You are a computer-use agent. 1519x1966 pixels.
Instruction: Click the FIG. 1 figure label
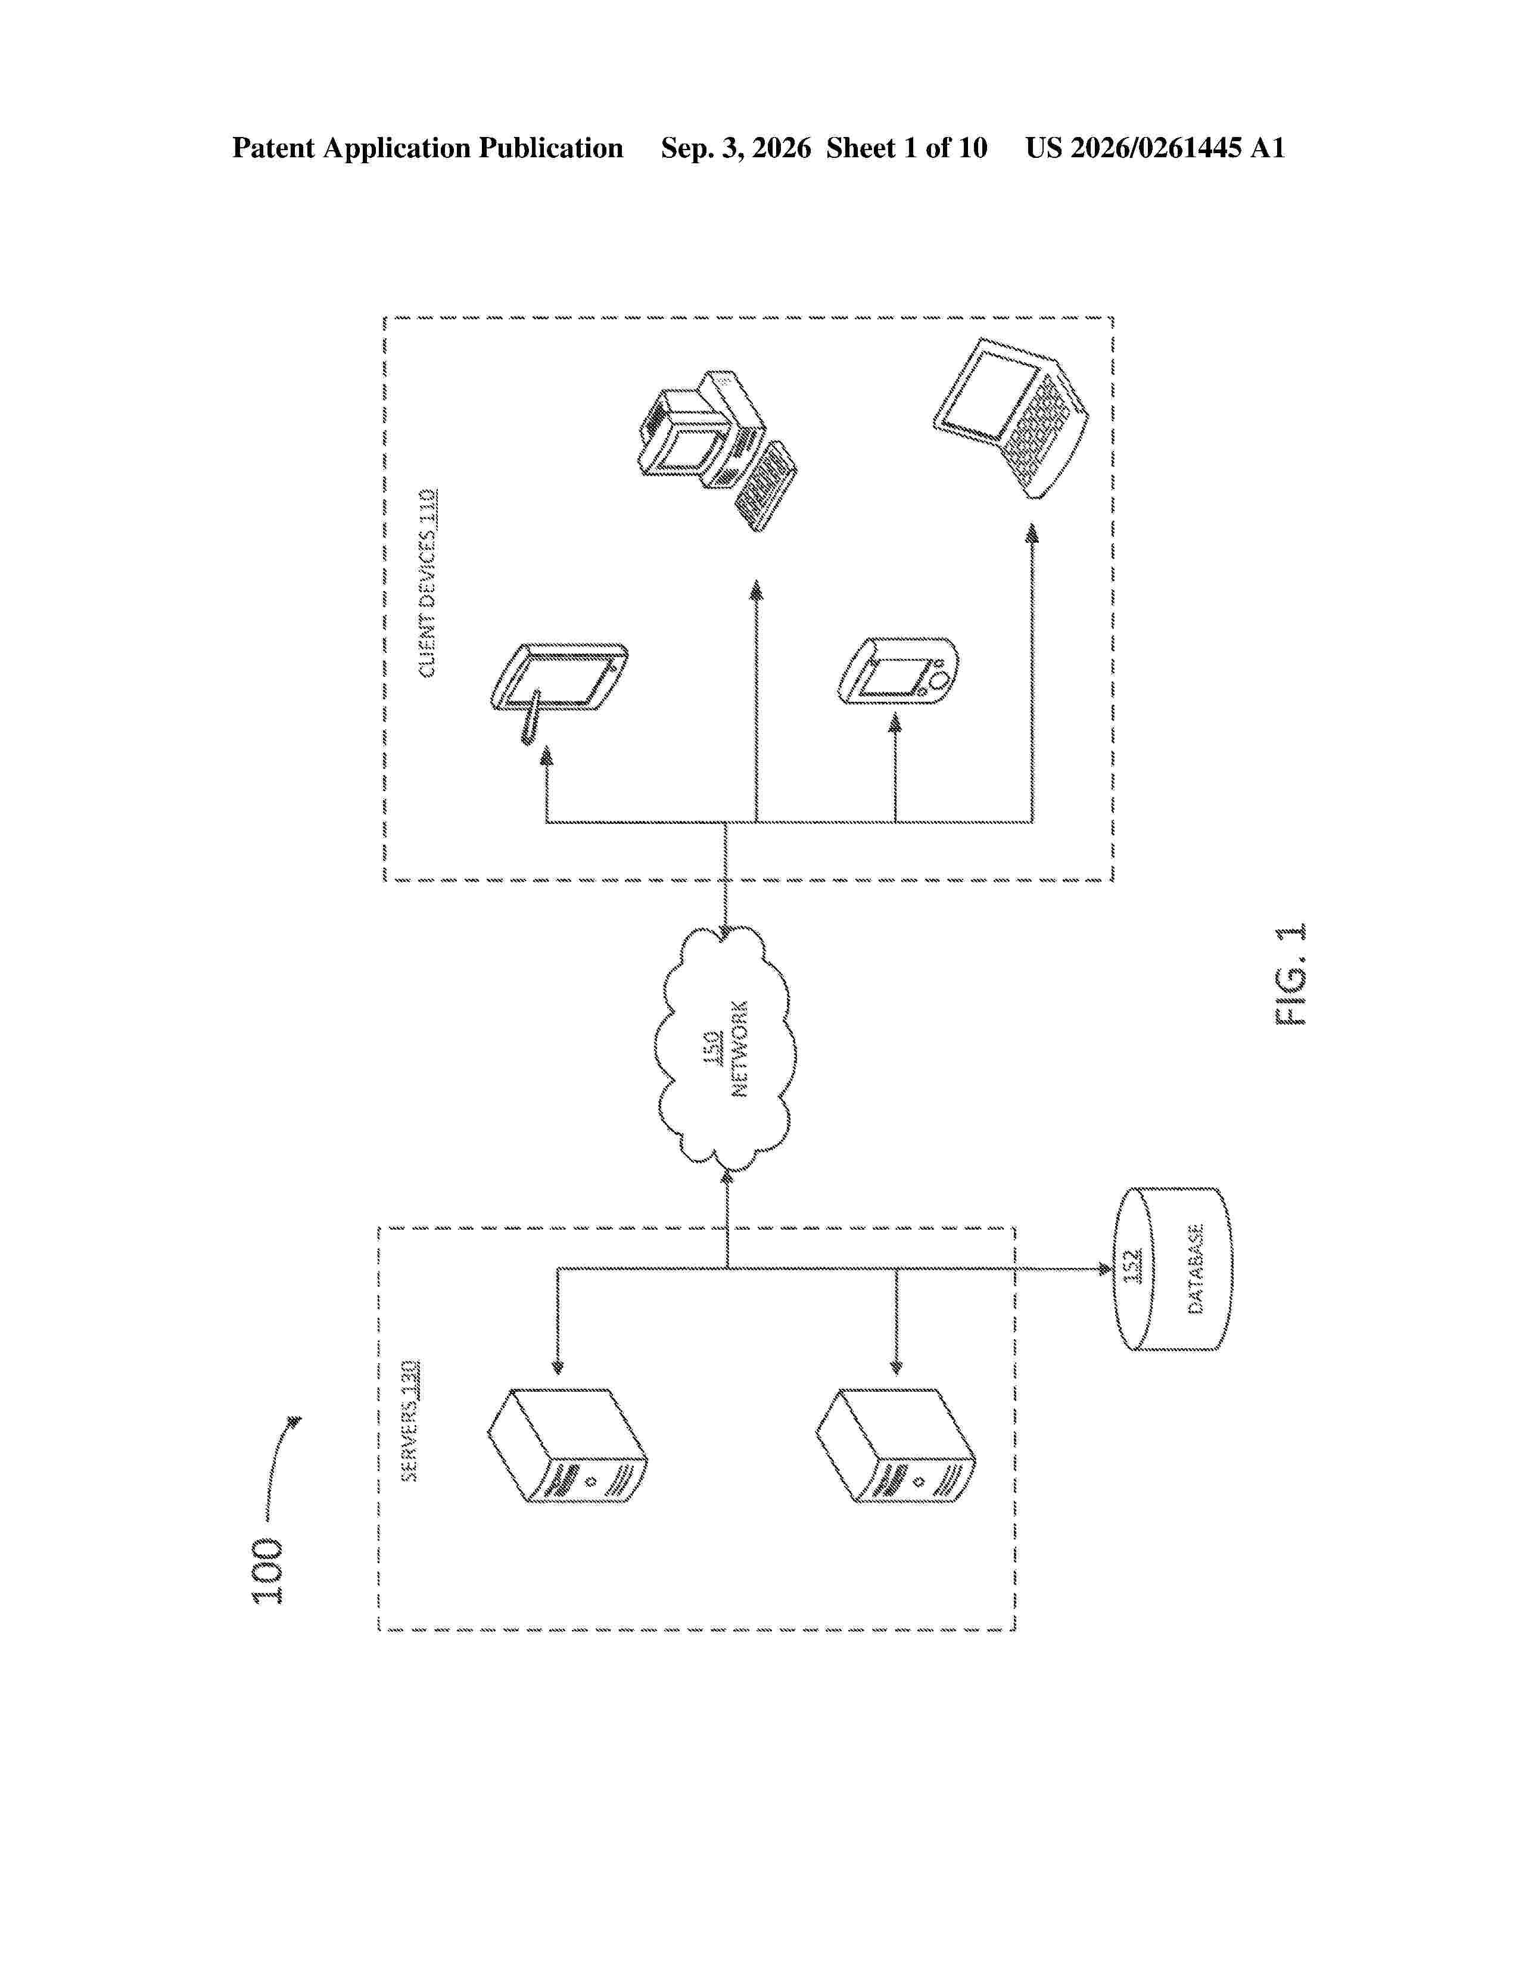pos(1290,974)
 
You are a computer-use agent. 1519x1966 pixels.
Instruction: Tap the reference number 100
pos(268,1572)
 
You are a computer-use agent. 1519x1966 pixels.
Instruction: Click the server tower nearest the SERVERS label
pos(567,1446)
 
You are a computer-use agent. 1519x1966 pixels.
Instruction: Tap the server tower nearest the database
pos(895,1446)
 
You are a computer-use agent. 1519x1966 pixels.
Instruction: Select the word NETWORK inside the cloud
pos(740,1049)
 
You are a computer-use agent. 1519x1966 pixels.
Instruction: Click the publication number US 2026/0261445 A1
pos(1156,148)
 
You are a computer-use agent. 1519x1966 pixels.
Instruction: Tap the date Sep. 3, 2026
pos(736,148)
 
